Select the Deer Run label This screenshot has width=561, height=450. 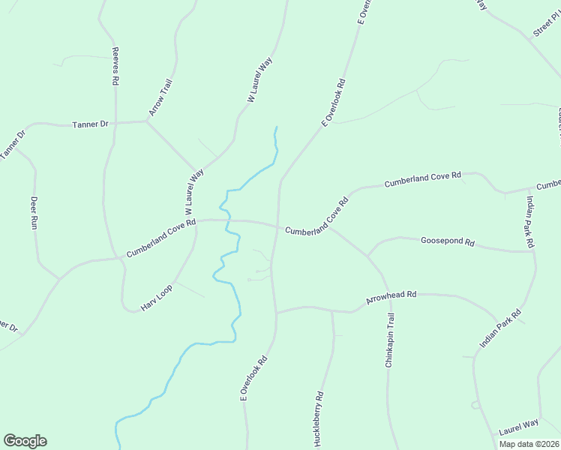34,212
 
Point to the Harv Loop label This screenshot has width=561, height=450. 157,298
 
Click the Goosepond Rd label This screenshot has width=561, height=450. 448,242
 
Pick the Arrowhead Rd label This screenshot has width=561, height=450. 391,297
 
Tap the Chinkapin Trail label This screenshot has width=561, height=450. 390,340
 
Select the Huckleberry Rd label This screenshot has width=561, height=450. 319,418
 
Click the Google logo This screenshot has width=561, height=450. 25,441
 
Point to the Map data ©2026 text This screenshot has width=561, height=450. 529,444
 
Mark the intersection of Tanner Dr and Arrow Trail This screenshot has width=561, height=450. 146,121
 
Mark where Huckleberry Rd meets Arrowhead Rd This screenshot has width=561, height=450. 332,309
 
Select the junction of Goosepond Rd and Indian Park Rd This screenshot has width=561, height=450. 533,251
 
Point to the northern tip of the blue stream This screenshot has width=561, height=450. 276,127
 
